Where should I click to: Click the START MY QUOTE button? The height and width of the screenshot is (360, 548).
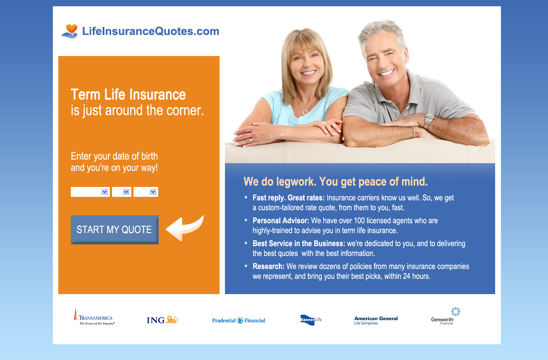[115, 230]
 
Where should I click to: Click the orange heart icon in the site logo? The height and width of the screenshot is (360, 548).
[72, 29]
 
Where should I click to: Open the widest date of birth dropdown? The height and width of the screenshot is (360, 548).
[90, 192]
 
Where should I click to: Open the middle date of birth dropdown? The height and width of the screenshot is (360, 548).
[121, 192]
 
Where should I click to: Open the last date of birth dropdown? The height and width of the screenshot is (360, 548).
[146, 192]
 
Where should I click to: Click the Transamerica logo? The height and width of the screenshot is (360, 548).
[94, 317]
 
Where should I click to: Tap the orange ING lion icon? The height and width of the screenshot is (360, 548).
[172, 319]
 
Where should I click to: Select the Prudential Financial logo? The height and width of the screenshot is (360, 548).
[238, 320]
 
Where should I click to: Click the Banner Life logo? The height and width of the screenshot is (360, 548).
[311, 320]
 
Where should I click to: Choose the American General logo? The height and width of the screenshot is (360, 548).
[376, 321]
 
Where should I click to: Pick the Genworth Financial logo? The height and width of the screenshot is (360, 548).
[445, 317]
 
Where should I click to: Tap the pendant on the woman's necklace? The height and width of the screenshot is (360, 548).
[305, 113]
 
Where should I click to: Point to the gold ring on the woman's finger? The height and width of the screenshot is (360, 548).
[251, 140]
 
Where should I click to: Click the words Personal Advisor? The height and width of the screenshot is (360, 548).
[281, 221]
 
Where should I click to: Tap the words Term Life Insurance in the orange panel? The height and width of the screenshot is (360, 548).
[128, 95]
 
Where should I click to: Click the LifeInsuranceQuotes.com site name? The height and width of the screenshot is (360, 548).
[151, 31]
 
